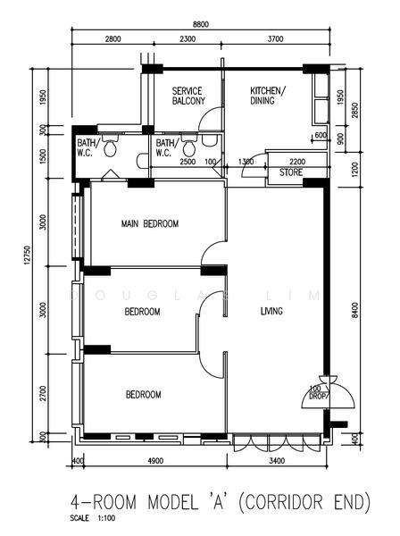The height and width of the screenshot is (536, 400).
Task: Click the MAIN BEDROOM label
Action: click(150, 223)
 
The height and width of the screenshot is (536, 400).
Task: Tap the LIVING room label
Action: click(271, 311)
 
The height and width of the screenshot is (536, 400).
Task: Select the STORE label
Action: click(291, 172)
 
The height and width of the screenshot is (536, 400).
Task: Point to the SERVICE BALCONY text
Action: click(188, 96)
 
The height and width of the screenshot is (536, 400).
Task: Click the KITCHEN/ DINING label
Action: click(268, 96)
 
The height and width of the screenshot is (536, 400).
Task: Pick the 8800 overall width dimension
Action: click(201, 24)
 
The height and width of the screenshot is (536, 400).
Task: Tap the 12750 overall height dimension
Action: click(28, 255)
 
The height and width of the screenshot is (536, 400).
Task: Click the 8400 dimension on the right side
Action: click(354, 310)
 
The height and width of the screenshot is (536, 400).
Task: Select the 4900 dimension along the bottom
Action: click(155, 461)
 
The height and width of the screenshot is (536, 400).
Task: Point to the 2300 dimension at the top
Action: click(187, 39)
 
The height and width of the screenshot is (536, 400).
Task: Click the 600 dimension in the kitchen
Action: click(321, 135)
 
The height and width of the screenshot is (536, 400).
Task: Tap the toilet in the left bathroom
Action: click(110, 147)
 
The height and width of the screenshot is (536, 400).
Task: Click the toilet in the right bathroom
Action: click(189, 147)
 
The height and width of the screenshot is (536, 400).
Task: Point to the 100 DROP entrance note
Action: click(319, 393)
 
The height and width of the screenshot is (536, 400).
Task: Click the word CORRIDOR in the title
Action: click(284, 502)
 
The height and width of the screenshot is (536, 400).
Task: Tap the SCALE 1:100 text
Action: click(93, 518)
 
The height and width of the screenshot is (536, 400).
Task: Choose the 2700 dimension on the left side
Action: click(43, 393)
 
